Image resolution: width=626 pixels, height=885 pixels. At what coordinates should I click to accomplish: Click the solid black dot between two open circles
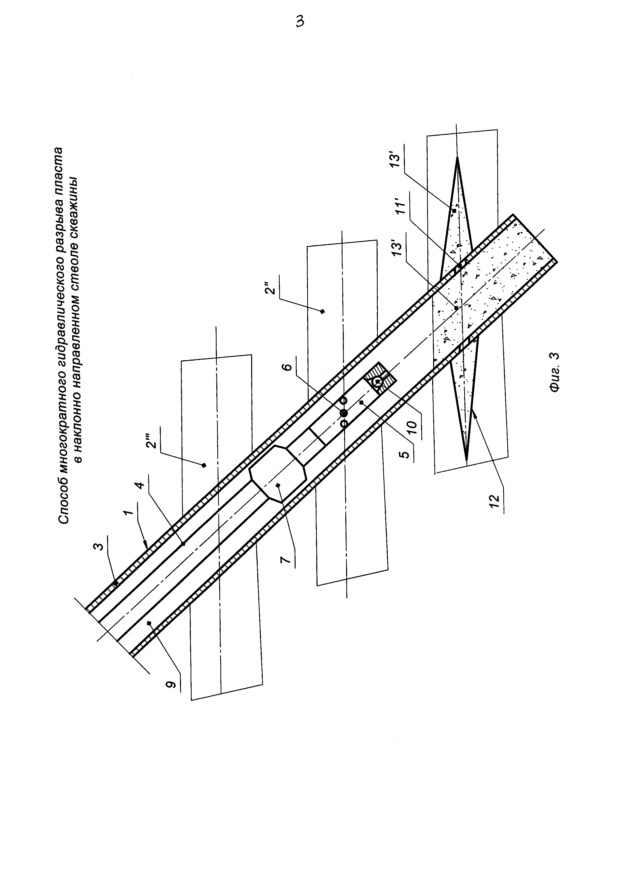coord(344,413)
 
